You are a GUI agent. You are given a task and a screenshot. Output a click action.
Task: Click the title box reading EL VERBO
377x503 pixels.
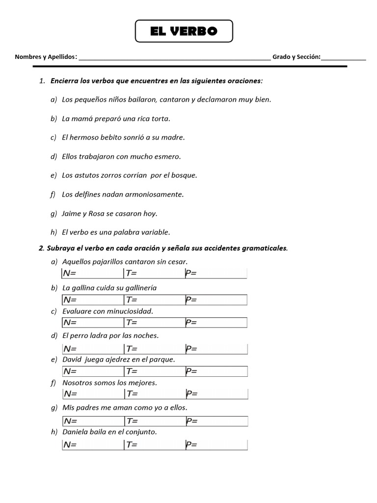[184, 31]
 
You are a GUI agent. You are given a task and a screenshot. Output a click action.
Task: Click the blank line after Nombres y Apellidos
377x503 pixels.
[174, 57]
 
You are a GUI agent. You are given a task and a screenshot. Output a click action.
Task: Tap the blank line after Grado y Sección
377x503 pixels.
[344, 57]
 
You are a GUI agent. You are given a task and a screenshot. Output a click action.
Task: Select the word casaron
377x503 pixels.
[127, 214]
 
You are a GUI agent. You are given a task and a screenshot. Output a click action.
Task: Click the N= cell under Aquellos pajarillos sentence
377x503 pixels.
[93, 274]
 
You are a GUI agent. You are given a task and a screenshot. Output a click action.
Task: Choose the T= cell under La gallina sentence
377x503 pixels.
[154, 300]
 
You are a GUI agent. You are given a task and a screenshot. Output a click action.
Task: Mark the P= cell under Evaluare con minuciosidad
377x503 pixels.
[215, 323]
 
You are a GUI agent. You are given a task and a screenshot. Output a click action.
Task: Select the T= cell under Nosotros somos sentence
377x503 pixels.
[154, 394]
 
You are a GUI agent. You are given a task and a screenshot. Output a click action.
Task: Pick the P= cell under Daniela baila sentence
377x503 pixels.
[215, 445]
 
